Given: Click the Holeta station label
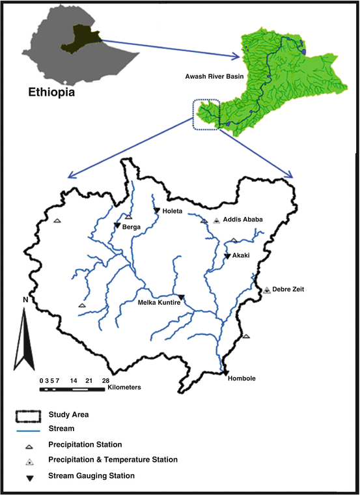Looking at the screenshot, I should (174, 211).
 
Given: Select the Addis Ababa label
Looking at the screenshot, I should (243, 220).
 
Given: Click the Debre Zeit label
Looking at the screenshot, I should (289, 289).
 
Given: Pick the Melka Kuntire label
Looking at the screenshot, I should (158, 302).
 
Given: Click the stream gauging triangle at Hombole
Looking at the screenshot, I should (225, 373).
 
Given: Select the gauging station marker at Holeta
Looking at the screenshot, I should (157, 210).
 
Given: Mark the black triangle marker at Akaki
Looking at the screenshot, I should (227, 256).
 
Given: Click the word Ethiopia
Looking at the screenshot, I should (51, 92).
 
